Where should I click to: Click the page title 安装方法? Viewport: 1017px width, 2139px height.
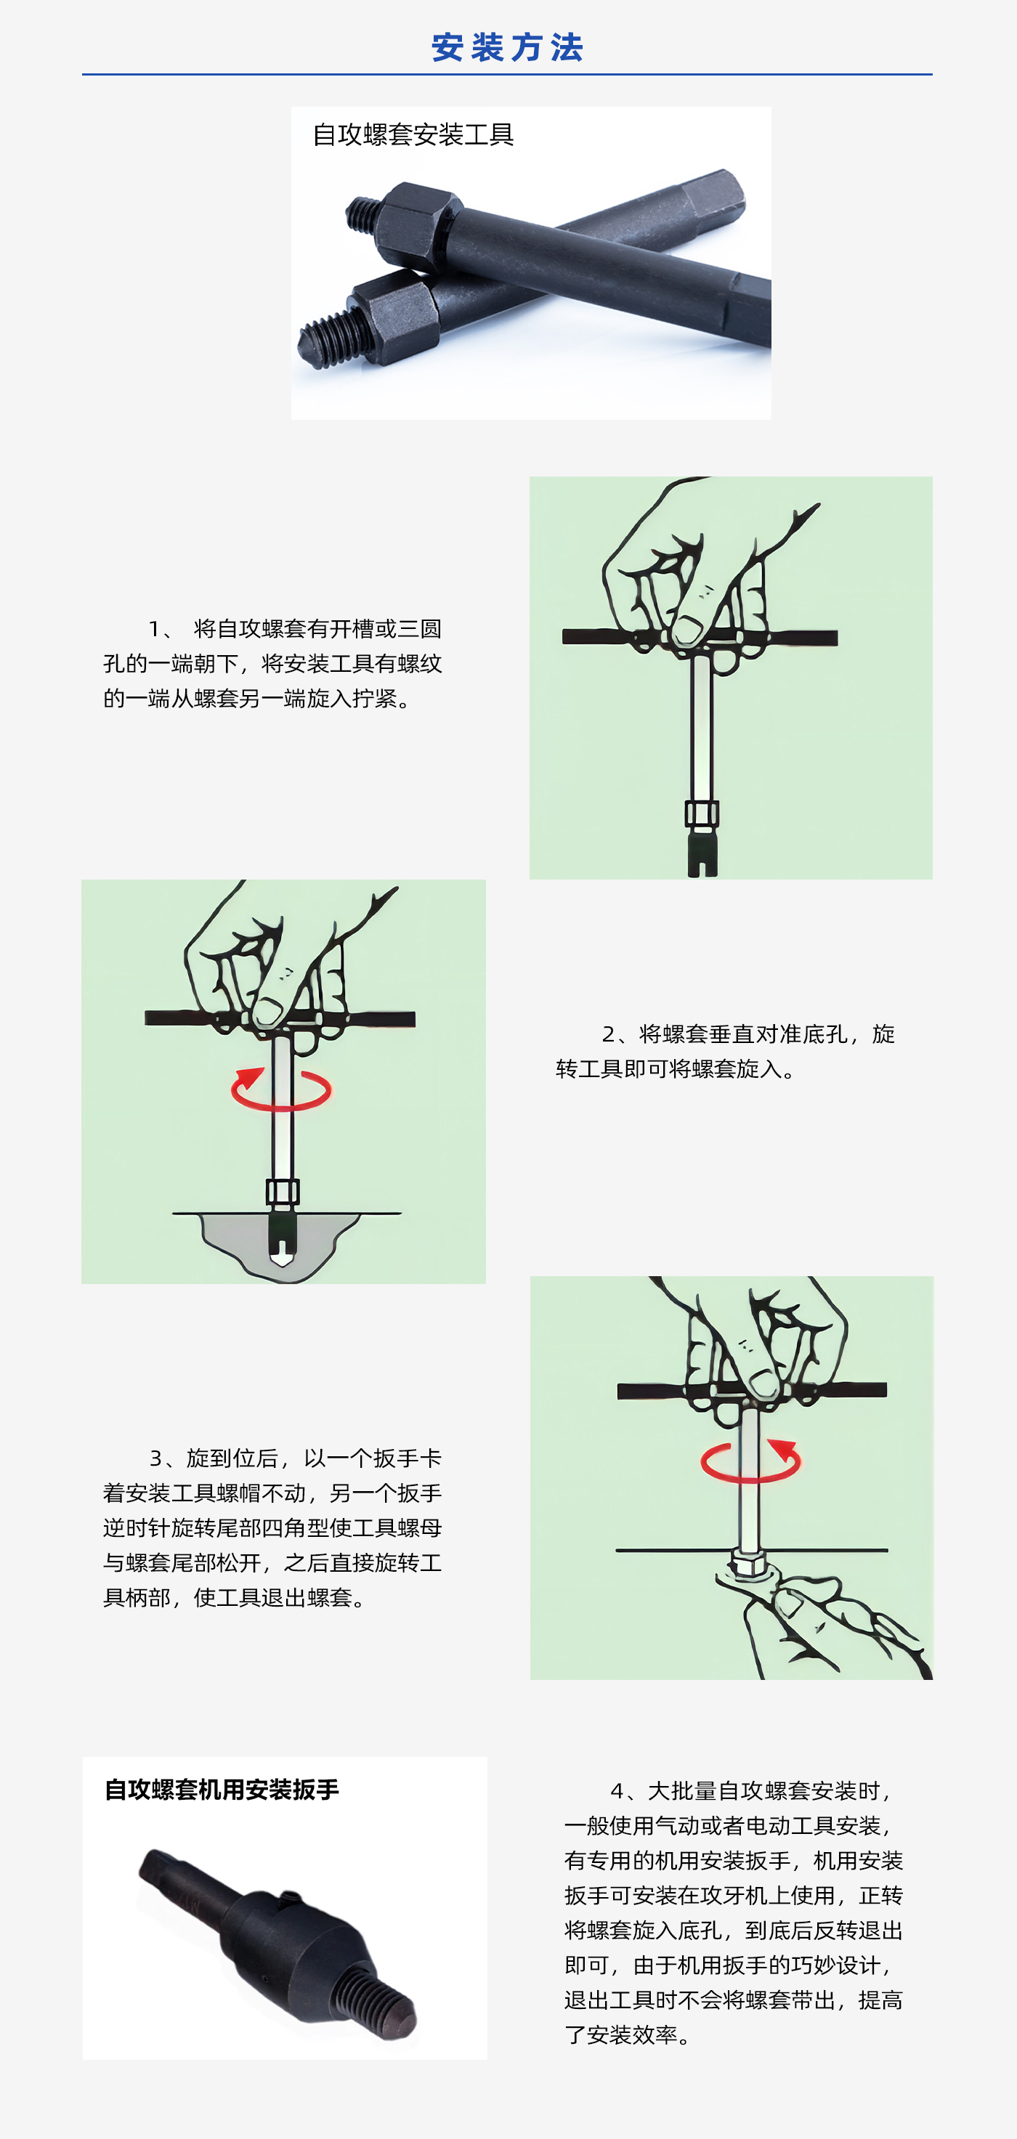[507, 47]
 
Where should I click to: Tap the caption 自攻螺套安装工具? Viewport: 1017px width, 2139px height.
[413, 134]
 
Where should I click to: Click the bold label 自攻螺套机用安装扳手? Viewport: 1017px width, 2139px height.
[222, 1790]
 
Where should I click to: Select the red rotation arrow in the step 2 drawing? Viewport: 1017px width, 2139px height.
[280, 1089]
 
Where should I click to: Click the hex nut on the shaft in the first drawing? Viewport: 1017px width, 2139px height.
[702, 813]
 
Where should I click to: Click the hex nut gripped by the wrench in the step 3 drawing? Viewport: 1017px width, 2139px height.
[749, 1564]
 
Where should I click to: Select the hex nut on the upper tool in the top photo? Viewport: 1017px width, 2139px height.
[420, 222]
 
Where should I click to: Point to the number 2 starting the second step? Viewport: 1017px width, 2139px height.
[609, 1034]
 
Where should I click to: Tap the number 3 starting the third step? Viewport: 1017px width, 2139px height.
[156, 1458]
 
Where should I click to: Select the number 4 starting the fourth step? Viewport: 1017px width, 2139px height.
[617, 1791]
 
